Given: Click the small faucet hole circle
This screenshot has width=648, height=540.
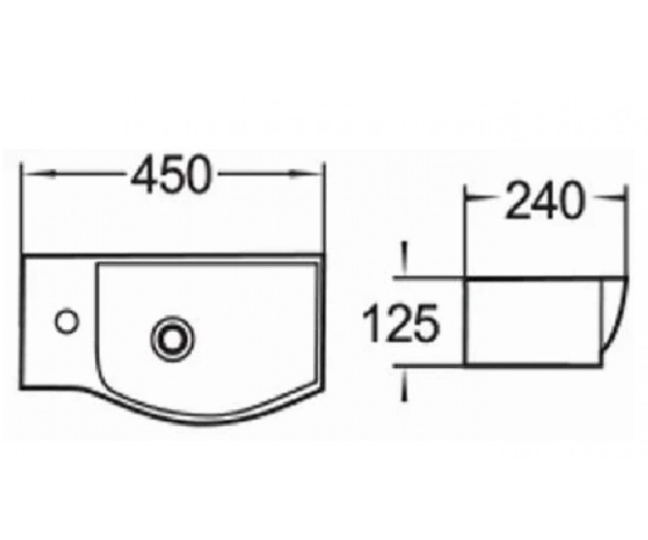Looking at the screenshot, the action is (66, 321).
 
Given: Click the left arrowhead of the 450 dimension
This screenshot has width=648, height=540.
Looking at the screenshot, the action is (39, 174).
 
